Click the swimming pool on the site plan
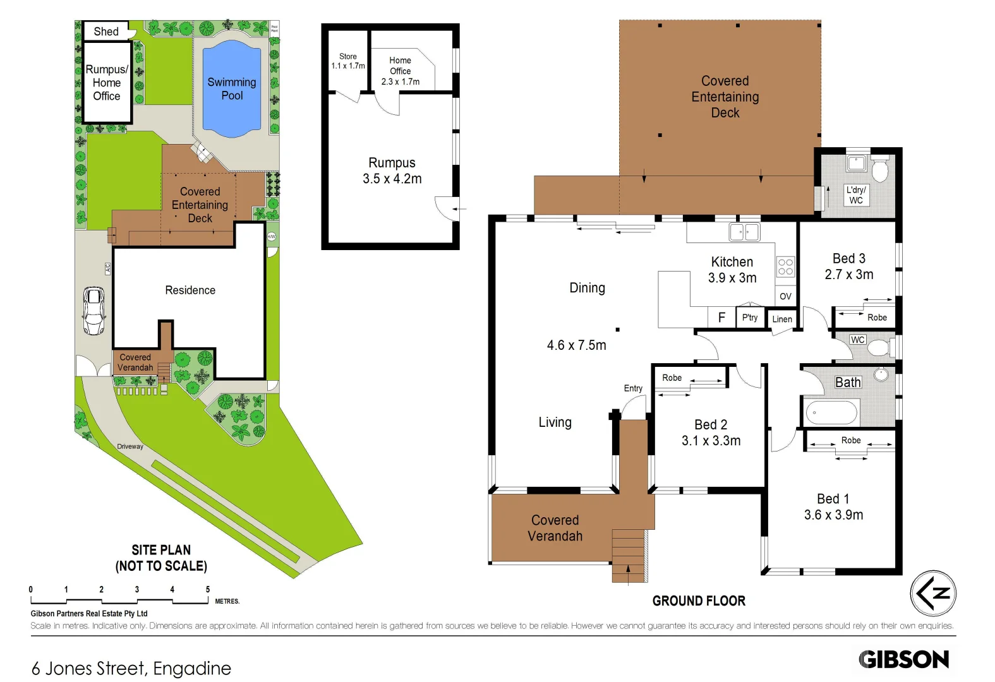click(231, 88)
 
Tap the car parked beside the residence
click(94, 311)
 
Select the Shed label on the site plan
click(106, 32)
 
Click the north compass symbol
click(933, 594)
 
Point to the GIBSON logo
click(903, 659)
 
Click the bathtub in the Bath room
click(831, 413)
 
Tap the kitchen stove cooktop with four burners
click(785, 267)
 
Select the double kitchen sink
click(744, 232)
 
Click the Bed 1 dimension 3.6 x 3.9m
click(833, 515)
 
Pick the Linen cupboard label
click(781, 319)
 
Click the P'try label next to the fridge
click(749, 318)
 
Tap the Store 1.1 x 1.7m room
click(347, 61)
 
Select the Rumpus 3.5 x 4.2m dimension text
click(392, 179)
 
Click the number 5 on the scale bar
click(207, 589)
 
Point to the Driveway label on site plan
click(130, 446)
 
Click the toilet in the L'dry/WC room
click(879, 170)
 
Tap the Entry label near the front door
click(633, 388)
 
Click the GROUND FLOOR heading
click(699, 601)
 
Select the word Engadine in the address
click(192, 668)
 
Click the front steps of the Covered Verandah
click(629, 556)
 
